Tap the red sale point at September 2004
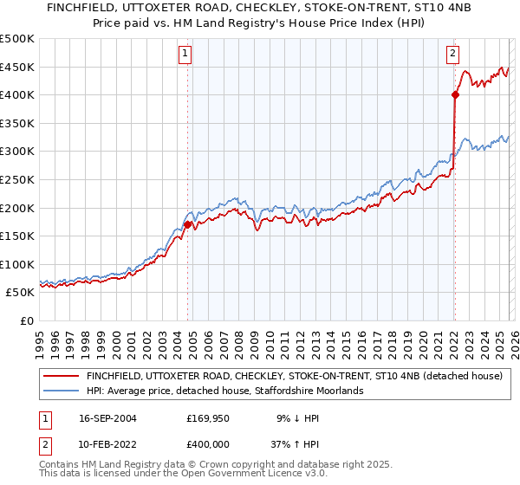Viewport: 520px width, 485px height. (x=187, y=224)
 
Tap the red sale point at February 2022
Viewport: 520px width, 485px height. (x=454, y=95)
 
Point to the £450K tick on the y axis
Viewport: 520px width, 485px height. (x=17, y=67)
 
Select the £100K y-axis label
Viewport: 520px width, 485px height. (x=17, y=264)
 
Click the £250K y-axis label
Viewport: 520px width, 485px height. (x=17, y=179)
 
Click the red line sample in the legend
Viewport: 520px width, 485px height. (x=62, y=377)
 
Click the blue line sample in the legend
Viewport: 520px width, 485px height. (x=62, y=391)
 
